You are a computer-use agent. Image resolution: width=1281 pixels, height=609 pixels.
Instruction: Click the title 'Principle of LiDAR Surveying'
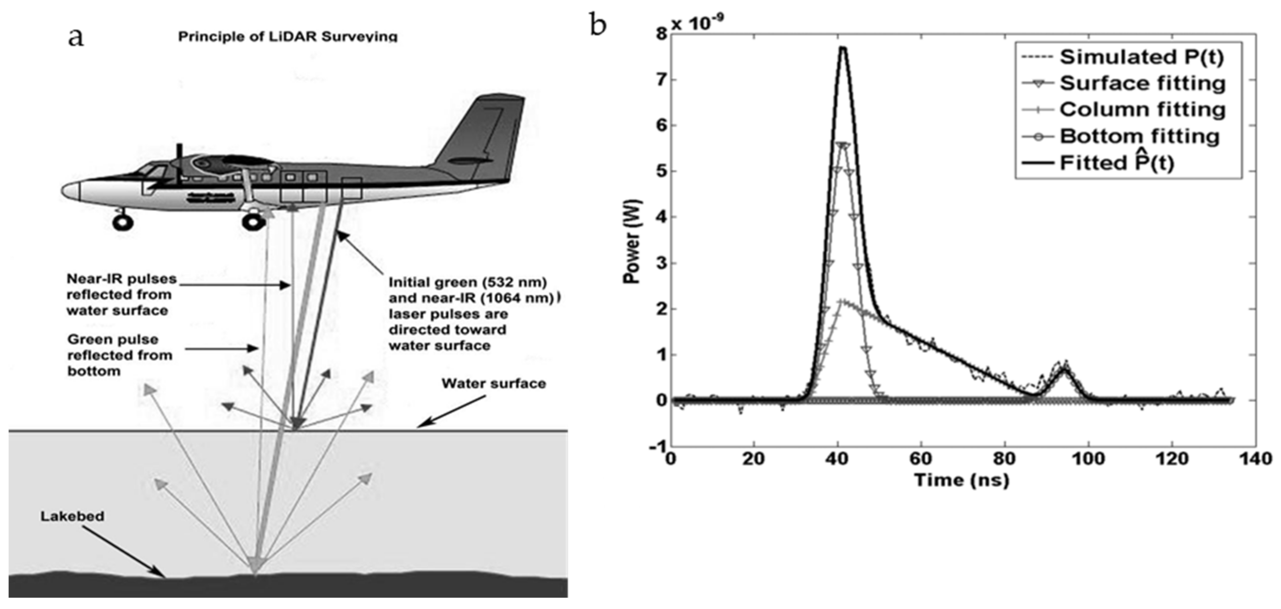(x=288, y=37)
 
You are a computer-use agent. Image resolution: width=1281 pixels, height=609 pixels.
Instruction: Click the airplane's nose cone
(x=71, y=190)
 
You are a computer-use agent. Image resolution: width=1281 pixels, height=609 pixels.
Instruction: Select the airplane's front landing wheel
(x=122, y=222)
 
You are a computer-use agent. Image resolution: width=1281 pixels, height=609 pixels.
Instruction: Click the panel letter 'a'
(x=76, y=37)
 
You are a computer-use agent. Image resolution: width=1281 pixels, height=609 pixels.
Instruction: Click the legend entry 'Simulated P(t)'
(x=1141, y=57)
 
